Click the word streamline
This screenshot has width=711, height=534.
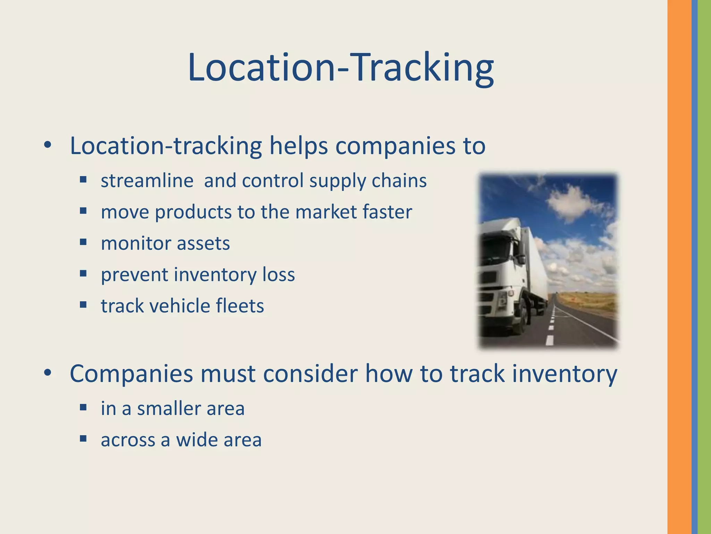click(147, 181)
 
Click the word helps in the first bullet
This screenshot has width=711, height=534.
click(299, 146)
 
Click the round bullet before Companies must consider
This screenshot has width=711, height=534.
click(48, 373)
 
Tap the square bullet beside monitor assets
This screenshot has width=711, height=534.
click(83, 242)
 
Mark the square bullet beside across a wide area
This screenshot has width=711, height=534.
click(83, 439)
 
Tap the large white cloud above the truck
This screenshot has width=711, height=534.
click(569, 202)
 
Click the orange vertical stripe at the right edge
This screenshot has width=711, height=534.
click(679, 267)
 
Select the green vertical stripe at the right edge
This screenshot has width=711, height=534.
click(704, 267)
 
